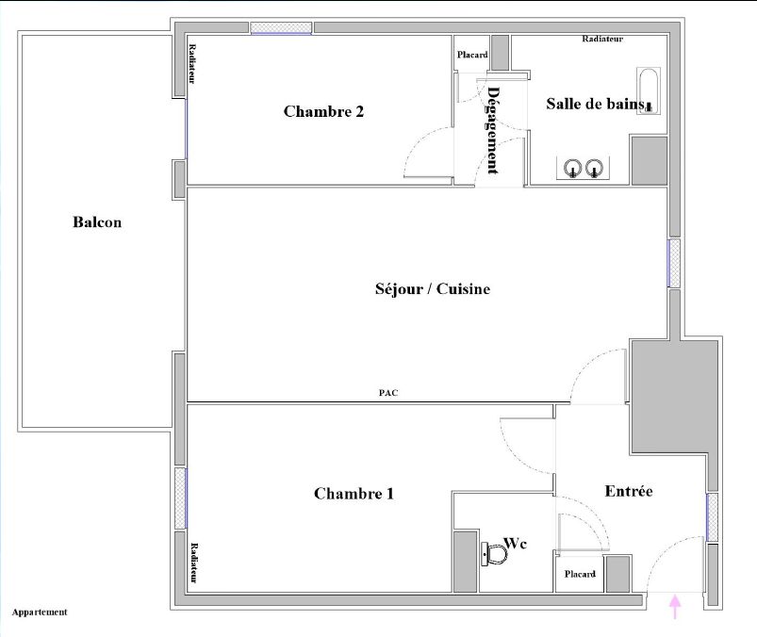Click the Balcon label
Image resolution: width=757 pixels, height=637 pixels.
(97, 223)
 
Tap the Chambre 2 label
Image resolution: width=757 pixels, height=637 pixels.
(323, 111)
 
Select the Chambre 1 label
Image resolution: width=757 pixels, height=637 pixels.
(354, 493)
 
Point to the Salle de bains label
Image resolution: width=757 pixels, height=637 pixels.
(594, 104)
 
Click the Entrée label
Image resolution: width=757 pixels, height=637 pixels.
(629, 491)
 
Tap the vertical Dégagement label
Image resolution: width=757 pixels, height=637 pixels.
(492, 130)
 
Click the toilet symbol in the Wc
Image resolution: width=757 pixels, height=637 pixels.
(493, 554)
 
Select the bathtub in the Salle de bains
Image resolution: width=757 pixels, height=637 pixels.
(647, 91)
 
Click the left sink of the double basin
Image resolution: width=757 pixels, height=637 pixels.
(571, 169)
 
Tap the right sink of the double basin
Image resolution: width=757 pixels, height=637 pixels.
(593, 169)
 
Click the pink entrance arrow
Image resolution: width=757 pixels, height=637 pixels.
(674, 606)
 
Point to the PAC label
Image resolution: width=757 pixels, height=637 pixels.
(387, 393)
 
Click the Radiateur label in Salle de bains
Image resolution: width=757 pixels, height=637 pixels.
(602, 39)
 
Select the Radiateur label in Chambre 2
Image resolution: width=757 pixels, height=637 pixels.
(191, 65)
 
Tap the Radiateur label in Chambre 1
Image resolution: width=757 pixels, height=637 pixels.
(193, 563)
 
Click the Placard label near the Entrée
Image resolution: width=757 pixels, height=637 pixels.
(579, 574)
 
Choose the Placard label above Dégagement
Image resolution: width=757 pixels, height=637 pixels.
(472, 55)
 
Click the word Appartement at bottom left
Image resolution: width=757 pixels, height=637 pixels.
(40, 612)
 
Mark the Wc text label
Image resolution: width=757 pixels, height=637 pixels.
(516, 543)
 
